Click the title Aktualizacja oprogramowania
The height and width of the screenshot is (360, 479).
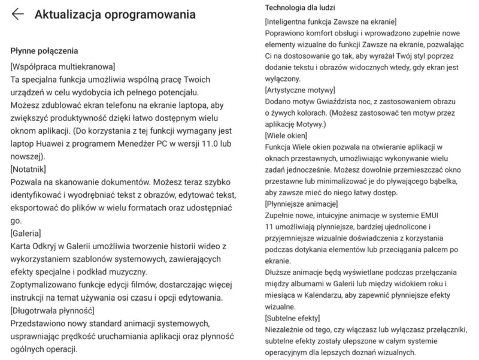point(115,14)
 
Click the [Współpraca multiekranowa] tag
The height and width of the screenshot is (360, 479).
point(63,65)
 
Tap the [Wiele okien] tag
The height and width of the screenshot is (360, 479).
point(286,136)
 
